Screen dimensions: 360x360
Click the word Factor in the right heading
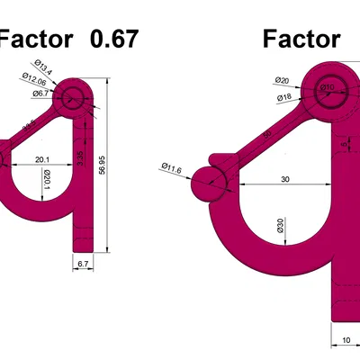pyautogui.click(x=301, y=39)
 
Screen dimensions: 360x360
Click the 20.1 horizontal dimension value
pyautogui.click(x=42, y=160)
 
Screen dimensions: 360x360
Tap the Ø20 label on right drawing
pyautogui.click(x=281, y=80)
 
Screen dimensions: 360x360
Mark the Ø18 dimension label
pyautogui.click(x=282, y=96)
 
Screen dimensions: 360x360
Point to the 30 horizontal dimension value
pyautogui.click(x=285, y=179)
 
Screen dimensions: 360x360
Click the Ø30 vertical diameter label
pyautogui.click(x=280, y=224)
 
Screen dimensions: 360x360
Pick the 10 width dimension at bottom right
pyautogui.click(x=346, y=339)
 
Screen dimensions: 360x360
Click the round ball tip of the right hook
pyautogui.click(x=210, y=186)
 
